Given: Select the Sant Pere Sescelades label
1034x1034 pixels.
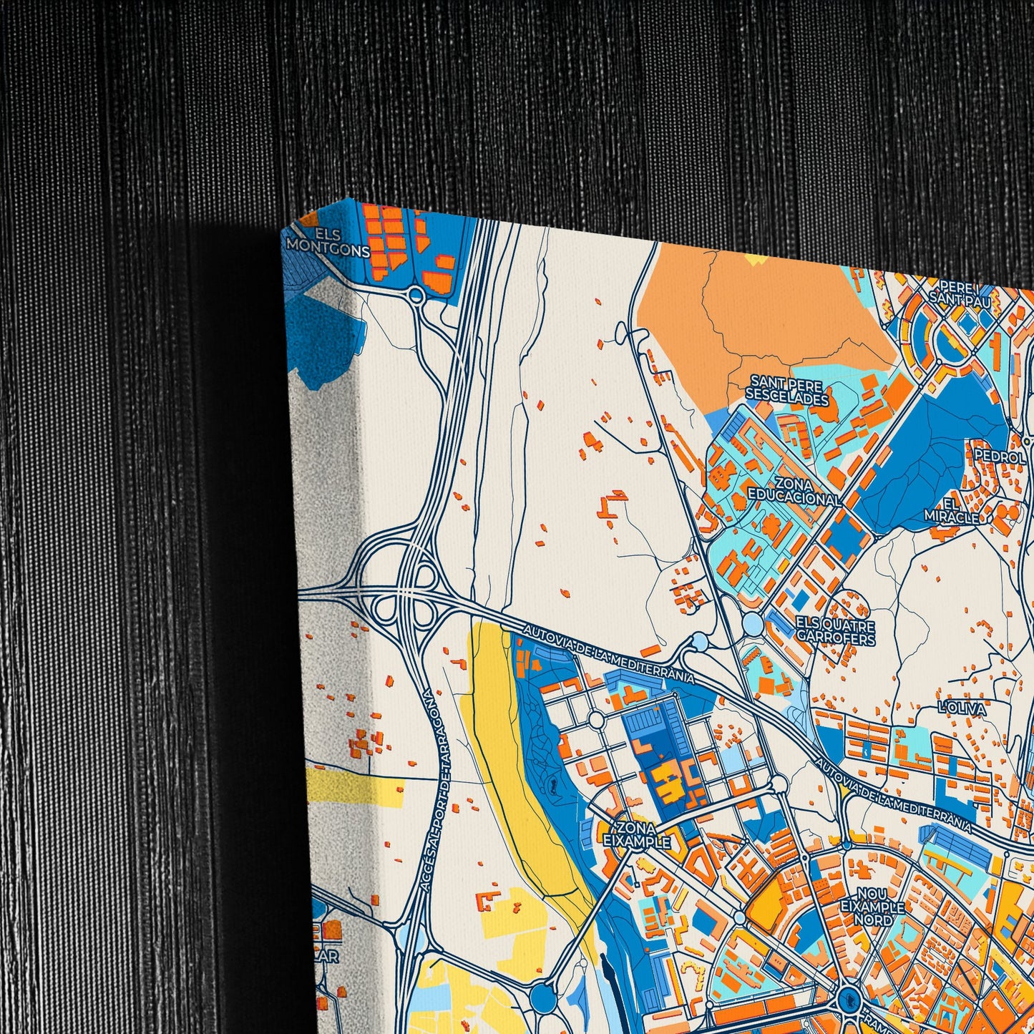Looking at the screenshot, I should click(x=786, y=392).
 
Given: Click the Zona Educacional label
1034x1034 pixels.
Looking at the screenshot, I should click(x=794, y=492).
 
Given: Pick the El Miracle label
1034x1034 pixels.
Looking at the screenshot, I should click(x=951, y=510).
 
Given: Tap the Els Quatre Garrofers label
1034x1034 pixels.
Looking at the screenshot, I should click(x=835, y=630).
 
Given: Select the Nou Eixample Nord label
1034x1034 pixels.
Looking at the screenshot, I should click(x=872, y=907).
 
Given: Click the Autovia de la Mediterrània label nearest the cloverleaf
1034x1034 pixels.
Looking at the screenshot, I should click(x=608, y=654).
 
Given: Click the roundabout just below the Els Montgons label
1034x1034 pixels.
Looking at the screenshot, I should click(x=416, y=295).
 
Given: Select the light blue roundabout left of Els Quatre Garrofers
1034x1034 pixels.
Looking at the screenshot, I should click(x=752, y=625).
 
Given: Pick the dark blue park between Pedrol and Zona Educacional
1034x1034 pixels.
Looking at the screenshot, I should click(x=923, y=458).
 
